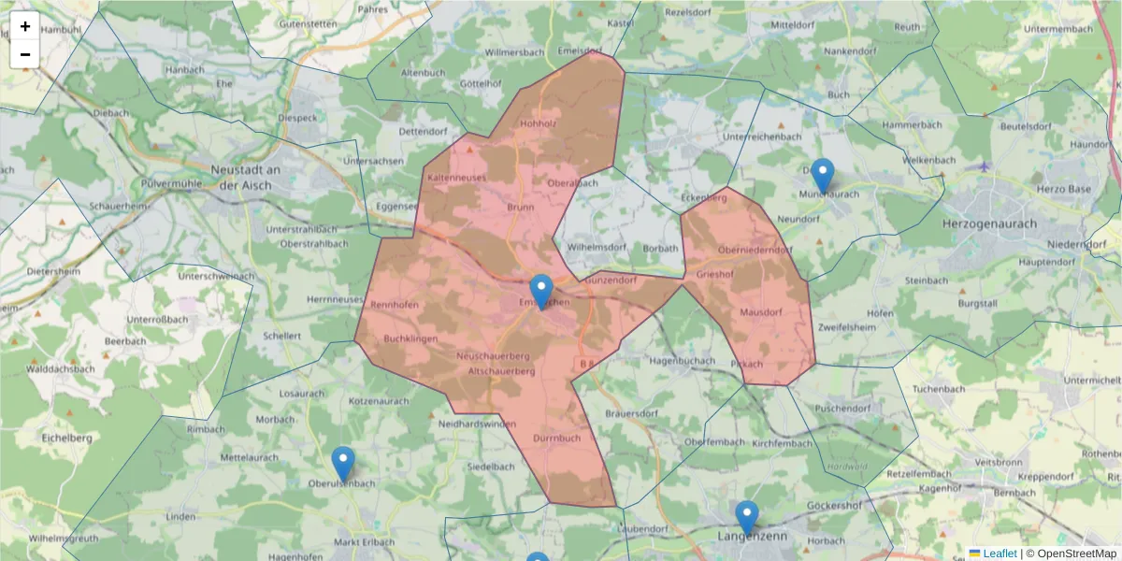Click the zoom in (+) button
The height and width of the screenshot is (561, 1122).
pos(25,26)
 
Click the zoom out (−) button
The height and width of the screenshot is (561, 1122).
pos(25,54)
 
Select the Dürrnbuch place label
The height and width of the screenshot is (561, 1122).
pos(557,437)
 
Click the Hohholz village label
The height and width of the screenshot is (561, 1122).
pos(539,122)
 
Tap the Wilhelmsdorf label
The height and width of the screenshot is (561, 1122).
pos(596,248)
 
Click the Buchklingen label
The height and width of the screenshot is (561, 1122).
pos(410,338)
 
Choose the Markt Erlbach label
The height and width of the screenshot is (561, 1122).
pos(365,541)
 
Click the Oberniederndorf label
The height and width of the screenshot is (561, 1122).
pos(755,250)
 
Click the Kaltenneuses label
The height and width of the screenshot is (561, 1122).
pos(457,177)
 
